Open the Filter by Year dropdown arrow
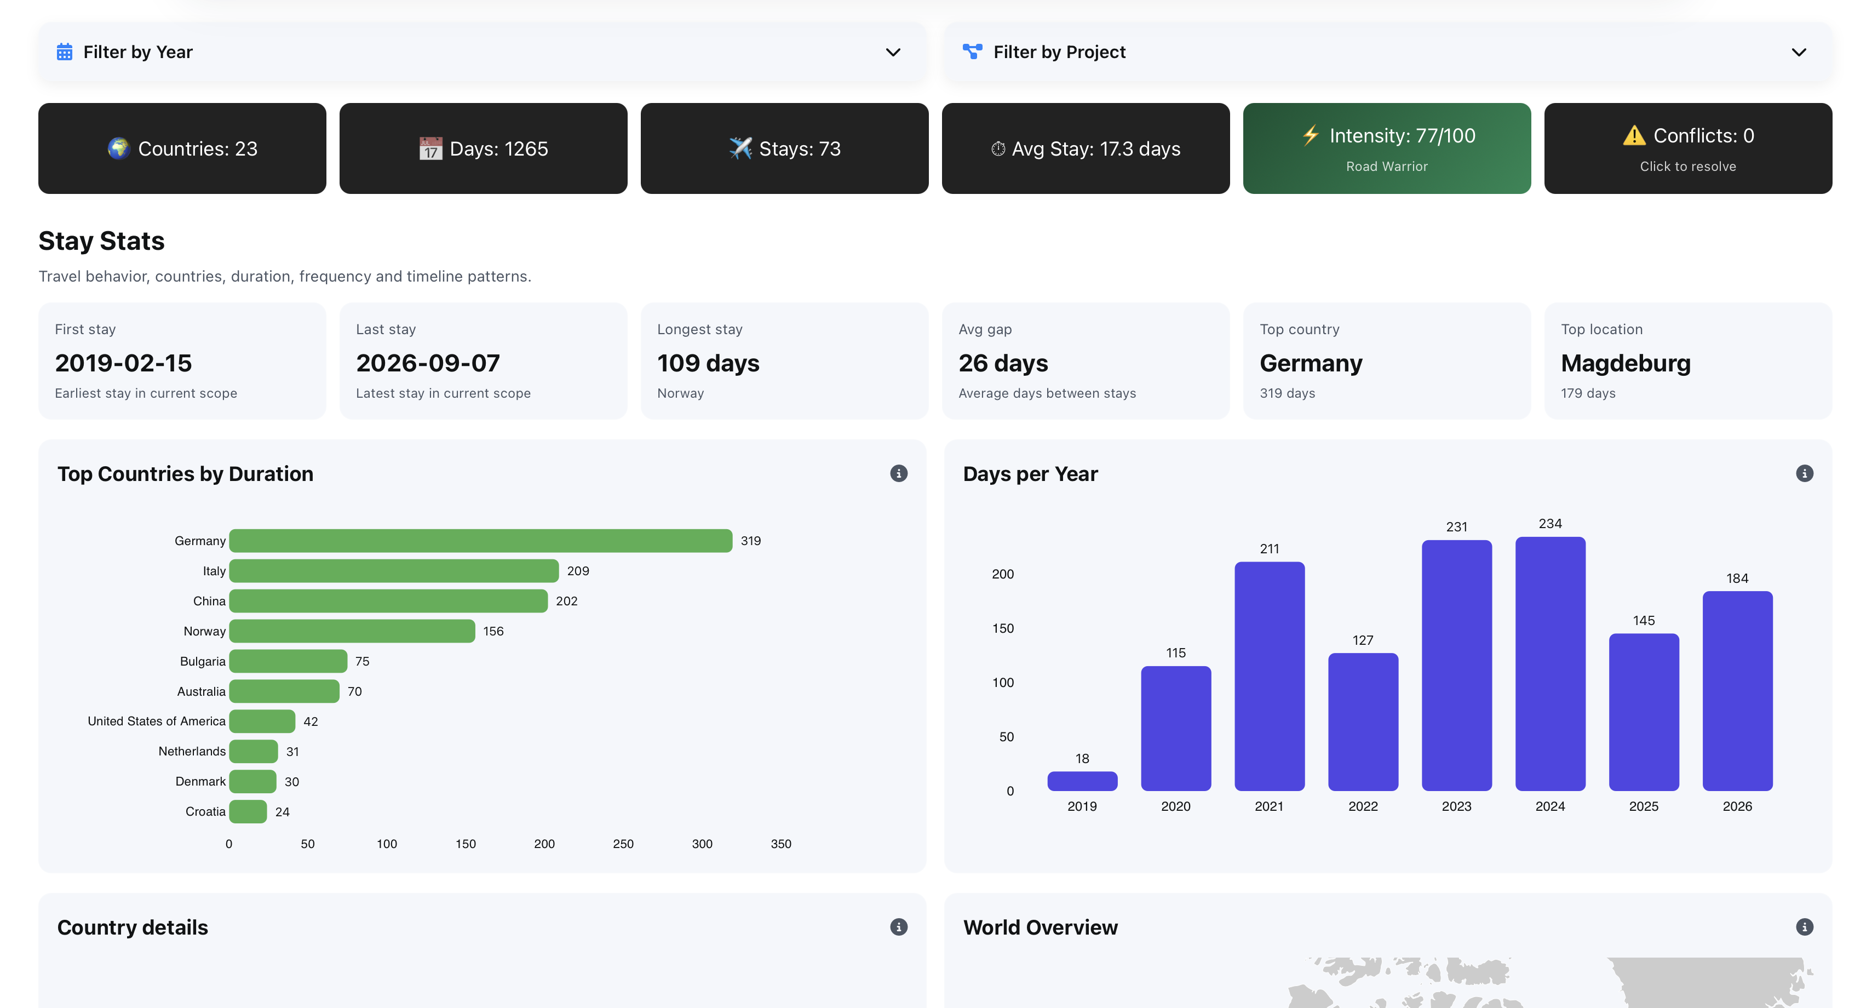pyautogui.click(x=893, y=53)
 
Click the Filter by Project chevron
pyautogui.click(x=1799, y=53)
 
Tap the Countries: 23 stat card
pyautogui.click(x=182, y=148)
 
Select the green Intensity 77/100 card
pyautogui.click(x=1387, y=148)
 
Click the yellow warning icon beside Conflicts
pyautogui.click(x=1634, y=136)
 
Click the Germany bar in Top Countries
pyautogui.click(x=480, y=541)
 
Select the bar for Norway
pyautogui.click(x=352, y=631)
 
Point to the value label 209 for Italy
pyautogui.click(x=578, y=571)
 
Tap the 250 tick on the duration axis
pyautogui.click(x=623, y=844)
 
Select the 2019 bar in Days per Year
pyautogui.click(x=1082, y=781)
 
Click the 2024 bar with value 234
pyautogui.click(x=1550, y=663)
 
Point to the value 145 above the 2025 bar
pyautogui.click(x=1643, y=621)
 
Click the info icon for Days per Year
pyautogui.click(x=1805, y=474)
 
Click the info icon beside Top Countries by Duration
pyautogui.click(x=899, y=474)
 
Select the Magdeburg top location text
pyautogui.click(x=1626, y=363)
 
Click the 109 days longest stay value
pyautogui.click(x=708, y=363)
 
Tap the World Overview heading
pyautogui.click(x=1040, y=927)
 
